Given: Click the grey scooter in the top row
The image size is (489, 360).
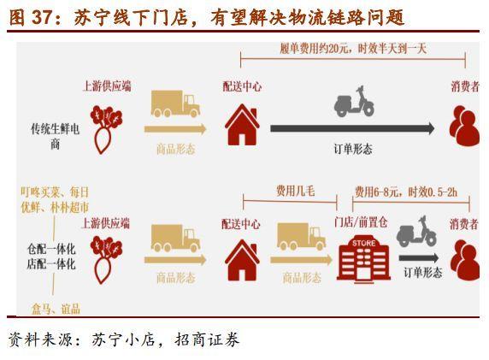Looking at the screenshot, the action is (354, 102).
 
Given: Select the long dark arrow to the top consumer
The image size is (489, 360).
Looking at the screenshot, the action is (352, 128).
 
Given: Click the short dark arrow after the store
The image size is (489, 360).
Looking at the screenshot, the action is (419, 257).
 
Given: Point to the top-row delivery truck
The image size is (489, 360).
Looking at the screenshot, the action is (175, 103).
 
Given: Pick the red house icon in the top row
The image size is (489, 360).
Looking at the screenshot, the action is (242, 125).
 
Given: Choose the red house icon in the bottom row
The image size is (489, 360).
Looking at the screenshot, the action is (242, 260).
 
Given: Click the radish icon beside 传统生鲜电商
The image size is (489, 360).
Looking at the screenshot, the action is (106, 129).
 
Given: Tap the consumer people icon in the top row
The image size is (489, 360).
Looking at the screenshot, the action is (464, 126).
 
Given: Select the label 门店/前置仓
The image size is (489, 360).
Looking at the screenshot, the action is (361, 222).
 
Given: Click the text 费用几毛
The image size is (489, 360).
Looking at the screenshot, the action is (296, 191).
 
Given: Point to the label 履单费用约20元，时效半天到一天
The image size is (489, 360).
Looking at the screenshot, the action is (353, 49).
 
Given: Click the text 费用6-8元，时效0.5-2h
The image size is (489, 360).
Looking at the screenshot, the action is (406, 192).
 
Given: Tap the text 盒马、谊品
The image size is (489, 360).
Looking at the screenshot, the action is (56, 309).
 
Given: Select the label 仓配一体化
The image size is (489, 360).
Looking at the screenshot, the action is (51, 249).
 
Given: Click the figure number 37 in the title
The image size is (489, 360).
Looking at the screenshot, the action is (42, 17).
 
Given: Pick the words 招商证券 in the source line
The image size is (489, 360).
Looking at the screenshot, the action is (207, 339).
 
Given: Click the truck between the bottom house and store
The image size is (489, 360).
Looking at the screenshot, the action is (301, 237).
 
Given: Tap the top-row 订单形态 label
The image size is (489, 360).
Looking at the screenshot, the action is (353, 149).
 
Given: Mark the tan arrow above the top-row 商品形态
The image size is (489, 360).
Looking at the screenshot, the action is (175, 129).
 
